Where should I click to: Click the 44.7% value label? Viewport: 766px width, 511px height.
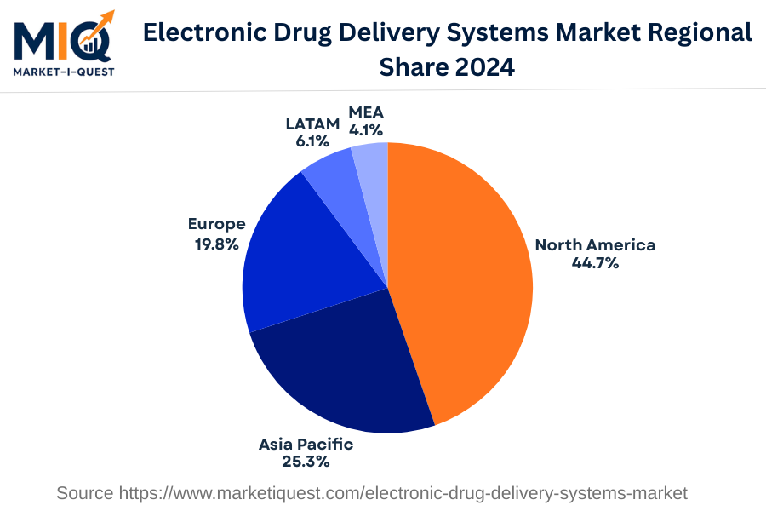(x=595, y=263)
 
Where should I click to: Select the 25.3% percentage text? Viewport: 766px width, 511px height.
(x=306, y=462)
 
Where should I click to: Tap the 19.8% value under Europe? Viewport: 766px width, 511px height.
(x=216, y=243)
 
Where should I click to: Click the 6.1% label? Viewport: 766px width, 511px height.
(x=312, y=141)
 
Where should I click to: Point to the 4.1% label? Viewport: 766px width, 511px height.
(x=366, y=130)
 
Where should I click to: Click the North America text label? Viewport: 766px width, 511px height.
(x=595, y=245)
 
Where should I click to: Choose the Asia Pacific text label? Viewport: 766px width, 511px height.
(x=306, y=445)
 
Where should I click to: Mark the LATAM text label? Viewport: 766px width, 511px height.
(x=312, y=123)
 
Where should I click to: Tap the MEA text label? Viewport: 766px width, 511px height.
(x=366, y=112)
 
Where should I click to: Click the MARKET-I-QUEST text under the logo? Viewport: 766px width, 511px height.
(x=63, y=72)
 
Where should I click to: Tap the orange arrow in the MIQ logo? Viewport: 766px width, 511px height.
(x=102, y=21)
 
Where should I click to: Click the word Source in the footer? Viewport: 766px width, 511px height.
(x=85, y=493)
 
